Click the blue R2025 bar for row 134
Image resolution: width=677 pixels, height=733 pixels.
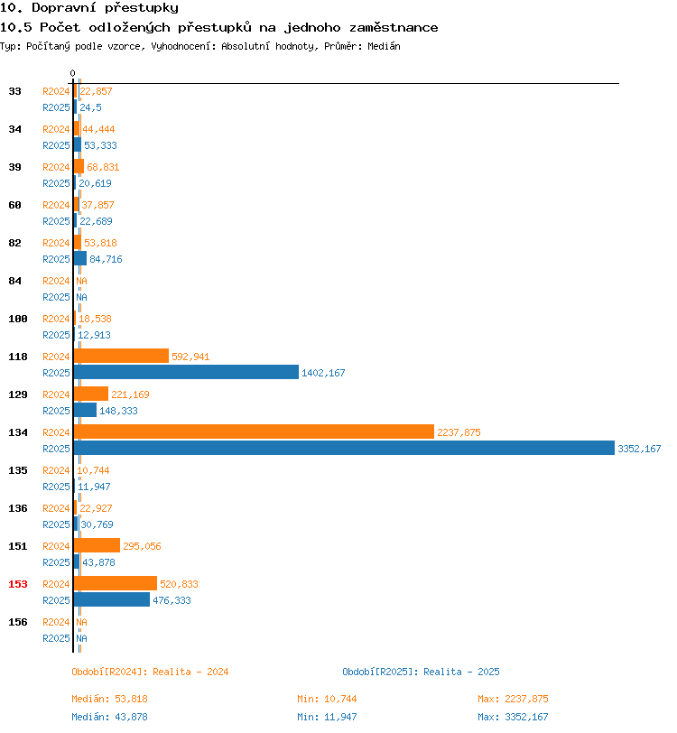[x=344, y=448]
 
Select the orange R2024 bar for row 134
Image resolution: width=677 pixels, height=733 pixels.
[x=254, y=431]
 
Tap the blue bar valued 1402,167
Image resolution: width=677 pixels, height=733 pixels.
[x=186, y=372]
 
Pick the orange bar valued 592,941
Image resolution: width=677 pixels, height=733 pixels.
[x=121, y=356]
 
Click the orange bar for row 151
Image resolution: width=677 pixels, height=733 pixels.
[x=97, y=545]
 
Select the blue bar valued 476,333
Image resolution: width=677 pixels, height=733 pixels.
[x=112, y=599]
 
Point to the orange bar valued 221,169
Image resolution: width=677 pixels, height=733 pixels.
[x=90, y=394]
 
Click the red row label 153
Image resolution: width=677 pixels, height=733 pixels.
[x=18, y=584]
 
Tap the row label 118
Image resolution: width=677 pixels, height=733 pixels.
[x=18, y=357]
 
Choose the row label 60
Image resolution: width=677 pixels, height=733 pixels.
[x=15, y=205]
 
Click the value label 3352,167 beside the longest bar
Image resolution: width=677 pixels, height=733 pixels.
[x=639, y=449]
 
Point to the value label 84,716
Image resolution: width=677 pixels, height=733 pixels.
[x=106, y=259]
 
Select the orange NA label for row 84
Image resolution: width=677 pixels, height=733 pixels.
[x=82, y=281]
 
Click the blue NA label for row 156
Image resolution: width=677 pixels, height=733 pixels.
[x=82, y=638]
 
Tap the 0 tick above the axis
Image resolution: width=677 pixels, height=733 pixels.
[x=72, y=73]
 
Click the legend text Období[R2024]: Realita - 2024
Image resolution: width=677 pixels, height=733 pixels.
[x=150, y=672]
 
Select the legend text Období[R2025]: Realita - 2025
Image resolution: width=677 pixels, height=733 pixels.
[x=421, y=672]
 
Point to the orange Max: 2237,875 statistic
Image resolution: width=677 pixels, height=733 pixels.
[x=513, y=699]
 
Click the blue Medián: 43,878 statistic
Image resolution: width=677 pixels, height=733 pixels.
[x=109, y=717]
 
